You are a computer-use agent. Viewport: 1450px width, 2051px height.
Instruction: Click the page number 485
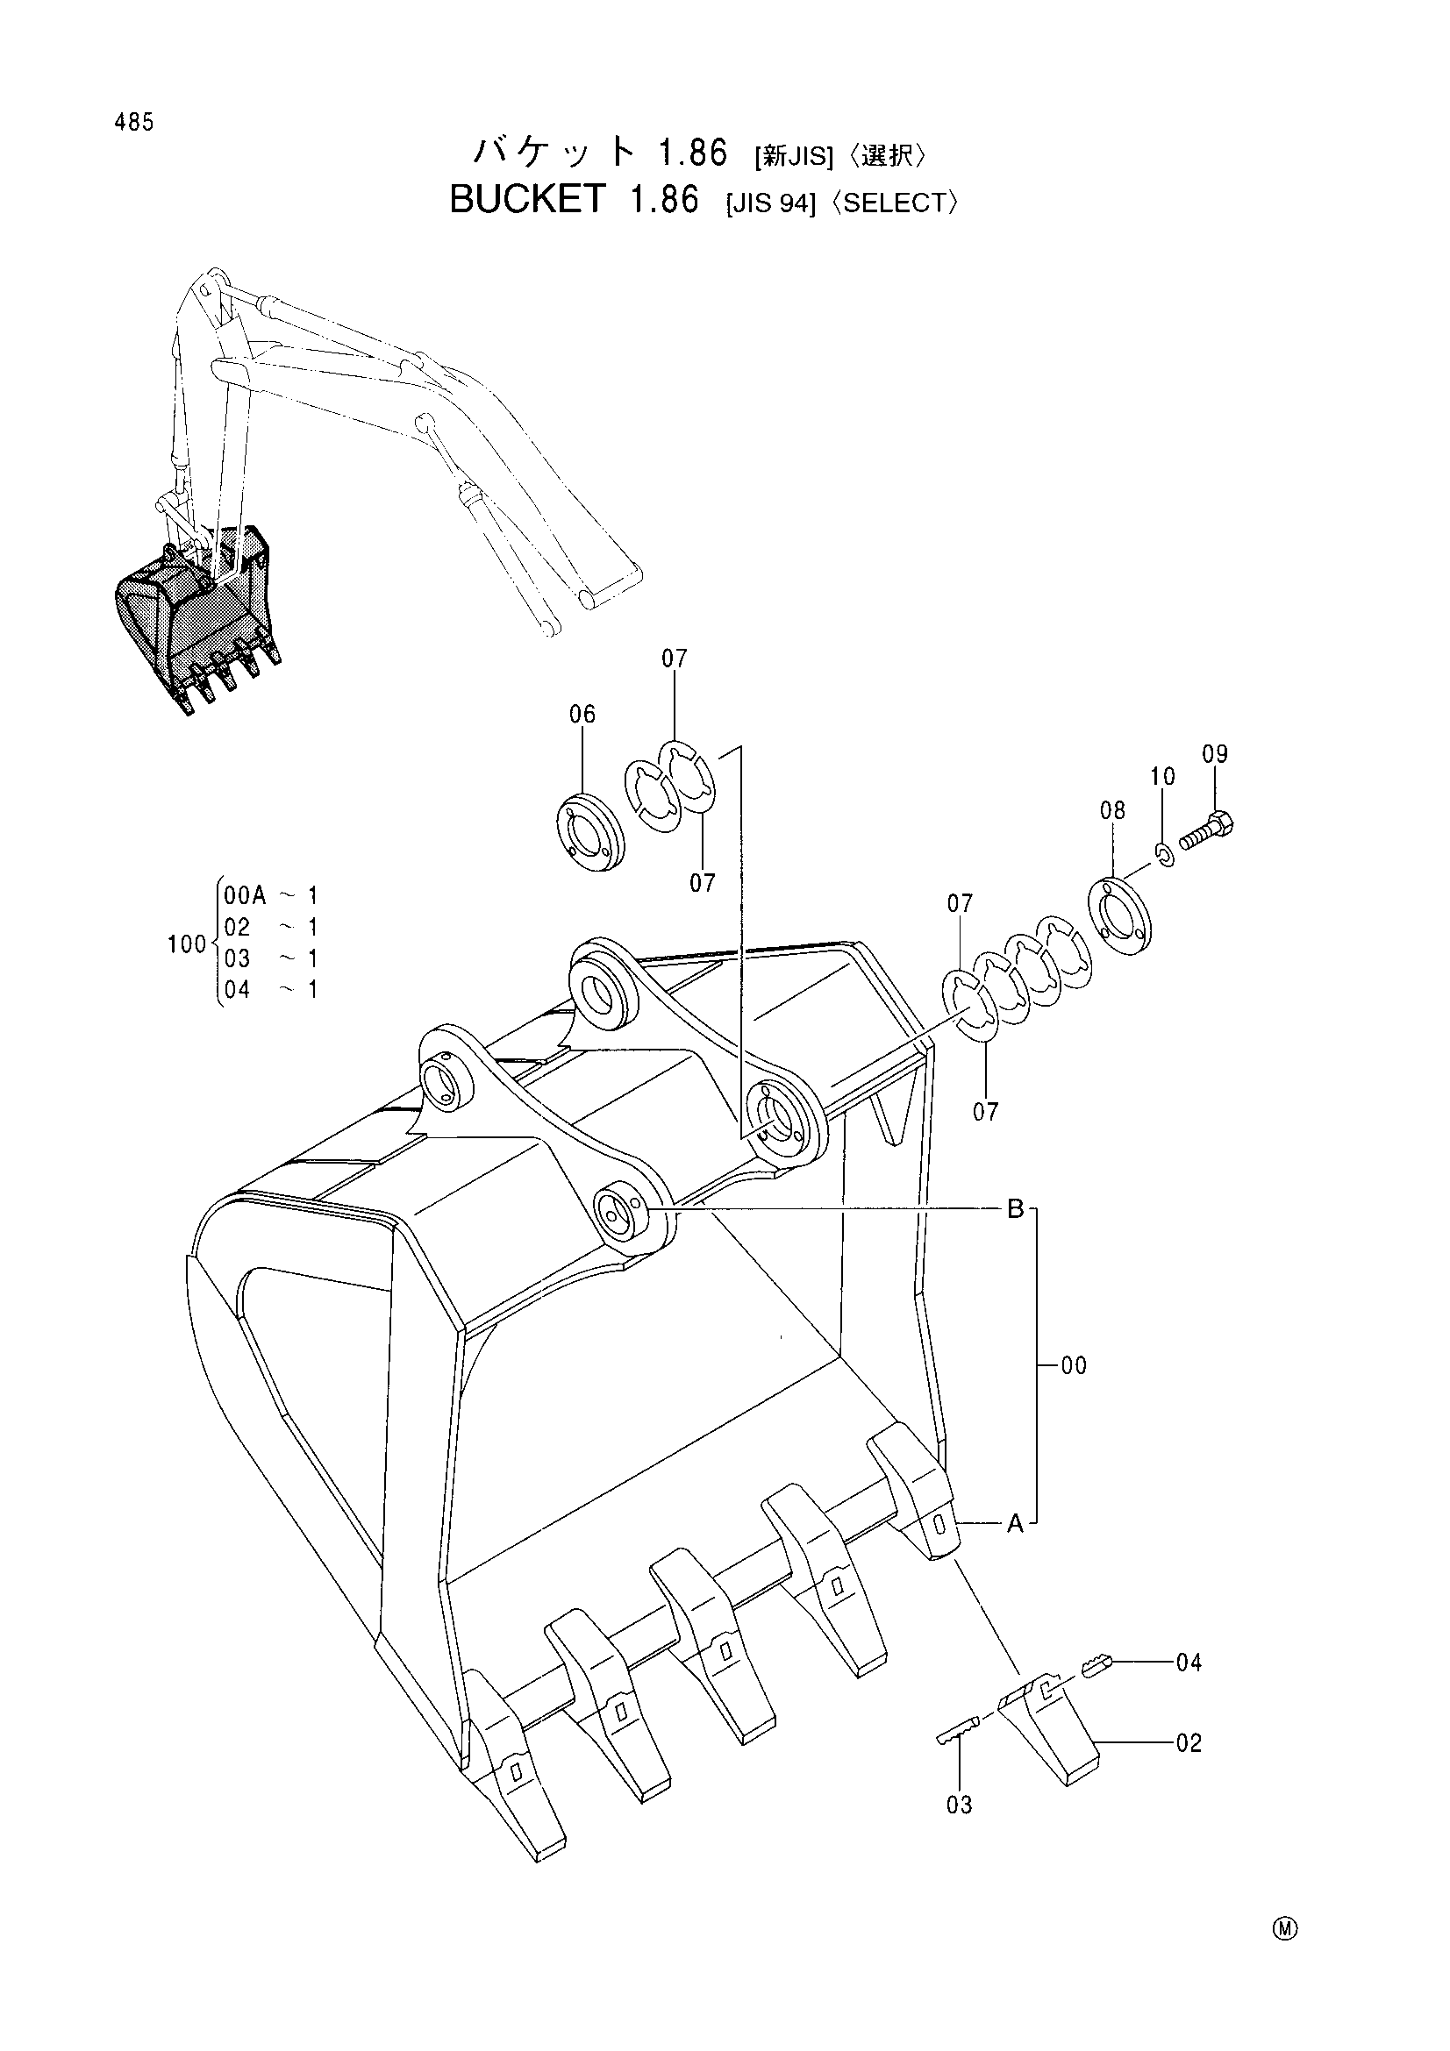(134, 123)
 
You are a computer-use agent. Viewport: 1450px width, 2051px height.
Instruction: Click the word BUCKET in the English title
(528, 199)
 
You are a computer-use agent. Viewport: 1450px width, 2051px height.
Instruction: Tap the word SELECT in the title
(895, 203)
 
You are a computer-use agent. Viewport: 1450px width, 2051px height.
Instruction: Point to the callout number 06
(582, 714)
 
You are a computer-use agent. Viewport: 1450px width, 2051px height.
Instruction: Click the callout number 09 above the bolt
(1215, 753)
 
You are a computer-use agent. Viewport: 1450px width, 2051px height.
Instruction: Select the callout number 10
(1162, 776)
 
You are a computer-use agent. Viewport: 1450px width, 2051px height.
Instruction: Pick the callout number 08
(1112, 810)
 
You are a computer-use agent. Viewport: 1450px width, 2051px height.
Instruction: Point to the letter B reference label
(1016, 1209)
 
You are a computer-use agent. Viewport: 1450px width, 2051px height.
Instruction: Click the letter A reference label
(1016, 1524)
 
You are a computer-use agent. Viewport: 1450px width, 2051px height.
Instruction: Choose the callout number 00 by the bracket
(1074, 1366)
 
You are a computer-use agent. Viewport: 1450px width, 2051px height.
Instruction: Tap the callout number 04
(1189, 1663)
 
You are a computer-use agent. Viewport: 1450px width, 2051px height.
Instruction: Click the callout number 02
(1189, 1743)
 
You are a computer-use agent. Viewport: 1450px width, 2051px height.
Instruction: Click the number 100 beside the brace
(187, 944)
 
